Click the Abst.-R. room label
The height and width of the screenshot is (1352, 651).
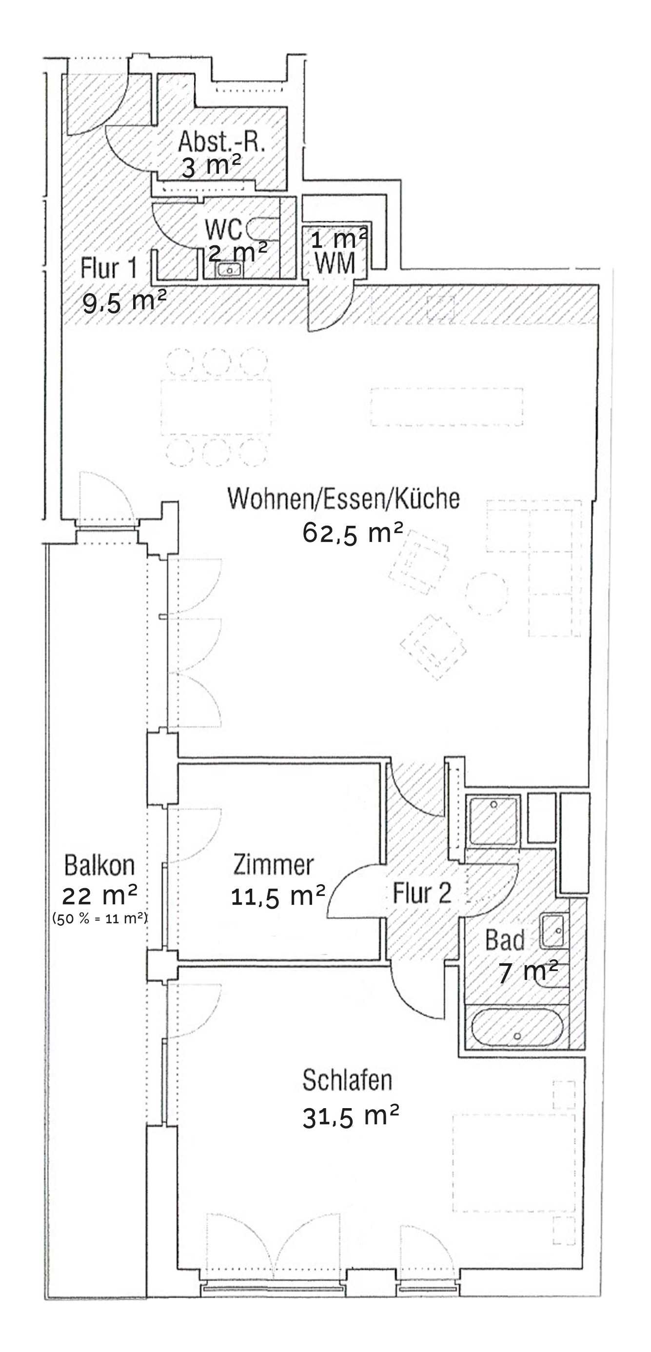point(221,142)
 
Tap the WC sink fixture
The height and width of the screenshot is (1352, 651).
point(229,270)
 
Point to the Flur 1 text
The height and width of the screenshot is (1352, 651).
point(109,268)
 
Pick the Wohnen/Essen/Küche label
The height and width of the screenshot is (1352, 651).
point(344,498)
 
